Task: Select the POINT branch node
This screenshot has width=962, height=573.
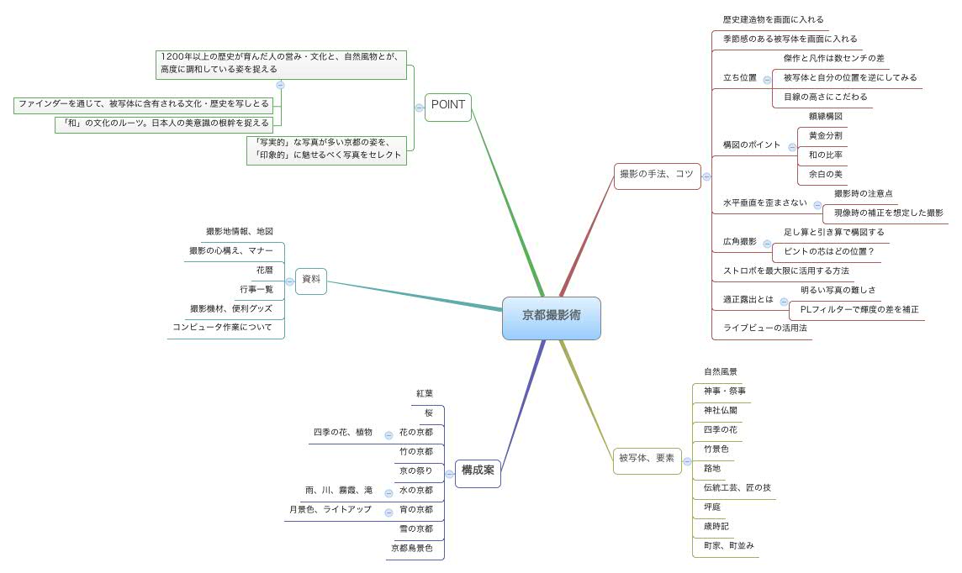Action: [x=447, y=106]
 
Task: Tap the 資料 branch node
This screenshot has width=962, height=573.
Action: [x=311, y=281]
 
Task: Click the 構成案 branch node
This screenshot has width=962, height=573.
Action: [x=478, y=470]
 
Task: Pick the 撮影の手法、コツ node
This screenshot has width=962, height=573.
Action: [x=657, y=175]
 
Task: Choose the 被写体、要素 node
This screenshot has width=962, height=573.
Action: [x=646, y=459]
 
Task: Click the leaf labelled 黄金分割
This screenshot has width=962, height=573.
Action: [x=825, y=135]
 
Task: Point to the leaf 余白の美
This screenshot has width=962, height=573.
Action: [x=825, y=174]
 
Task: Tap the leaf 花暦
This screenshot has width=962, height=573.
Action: [x=264, y=271]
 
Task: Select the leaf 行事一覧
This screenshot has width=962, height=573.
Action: [x=256, y=290]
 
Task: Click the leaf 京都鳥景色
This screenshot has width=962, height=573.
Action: [x=411, y=549]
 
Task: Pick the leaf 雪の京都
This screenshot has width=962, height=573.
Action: [x=415, y=529]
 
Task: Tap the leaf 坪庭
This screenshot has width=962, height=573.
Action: [x=712, y=507]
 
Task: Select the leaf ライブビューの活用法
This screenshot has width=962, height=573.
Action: [x=764, y=328]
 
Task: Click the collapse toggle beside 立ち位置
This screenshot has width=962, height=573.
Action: [x=766, y=78]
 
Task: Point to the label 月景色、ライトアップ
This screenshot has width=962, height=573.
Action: [x=330, y=509]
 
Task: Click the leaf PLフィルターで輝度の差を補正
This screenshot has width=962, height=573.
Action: [x=859, y=309]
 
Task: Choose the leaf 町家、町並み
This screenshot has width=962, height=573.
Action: [x=728, y=545]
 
